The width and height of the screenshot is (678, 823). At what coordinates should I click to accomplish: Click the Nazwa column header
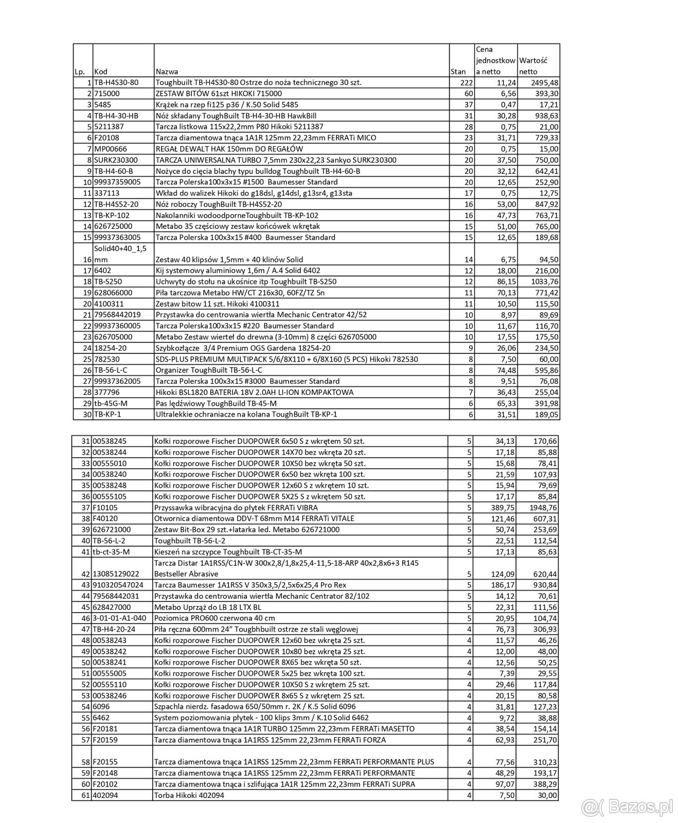tap(167, 72)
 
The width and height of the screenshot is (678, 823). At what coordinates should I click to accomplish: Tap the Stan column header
tap(457, 72)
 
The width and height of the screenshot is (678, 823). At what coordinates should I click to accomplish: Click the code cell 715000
tap(106, 94)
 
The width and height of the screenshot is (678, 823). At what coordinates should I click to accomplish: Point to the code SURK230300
tap(115, 160)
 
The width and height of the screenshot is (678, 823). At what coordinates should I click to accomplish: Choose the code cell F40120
tap(105, 518)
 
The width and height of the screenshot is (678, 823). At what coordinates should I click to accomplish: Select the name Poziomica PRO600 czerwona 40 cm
tap(215, 618)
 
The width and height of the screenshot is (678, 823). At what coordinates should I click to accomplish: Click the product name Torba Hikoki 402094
tap(189, 795)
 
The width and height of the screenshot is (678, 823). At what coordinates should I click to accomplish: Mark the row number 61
tap(85, 795)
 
